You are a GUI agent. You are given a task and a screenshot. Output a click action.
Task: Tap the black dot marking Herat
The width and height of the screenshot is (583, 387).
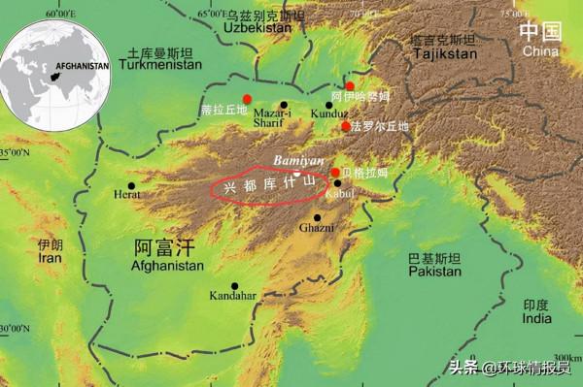[x=131, y=185]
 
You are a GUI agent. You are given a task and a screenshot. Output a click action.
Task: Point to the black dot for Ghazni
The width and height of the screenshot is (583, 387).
[x=317, y=217]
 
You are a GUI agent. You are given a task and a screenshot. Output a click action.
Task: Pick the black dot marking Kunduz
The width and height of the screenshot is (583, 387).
[x=329, y=105]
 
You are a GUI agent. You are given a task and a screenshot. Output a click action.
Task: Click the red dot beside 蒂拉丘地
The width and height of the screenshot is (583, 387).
[x=248, y=99]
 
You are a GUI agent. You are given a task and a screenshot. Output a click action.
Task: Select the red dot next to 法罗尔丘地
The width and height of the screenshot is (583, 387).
[x=345, y=126]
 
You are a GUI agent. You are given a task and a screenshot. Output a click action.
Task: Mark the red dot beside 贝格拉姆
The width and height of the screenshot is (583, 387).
[x=335, y=173]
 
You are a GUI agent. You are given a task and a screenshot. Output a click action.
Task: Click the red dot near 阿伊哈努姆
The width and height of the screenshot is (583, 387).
[x=350, y=85]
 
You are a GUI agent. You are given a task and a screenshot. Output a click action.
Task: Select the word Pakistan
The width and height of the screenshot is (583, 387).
[x=433, y=274]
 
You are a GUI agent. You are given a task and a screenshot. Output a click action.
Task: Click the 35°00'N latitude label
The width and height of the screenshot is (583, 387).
[x=15, y=153]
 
